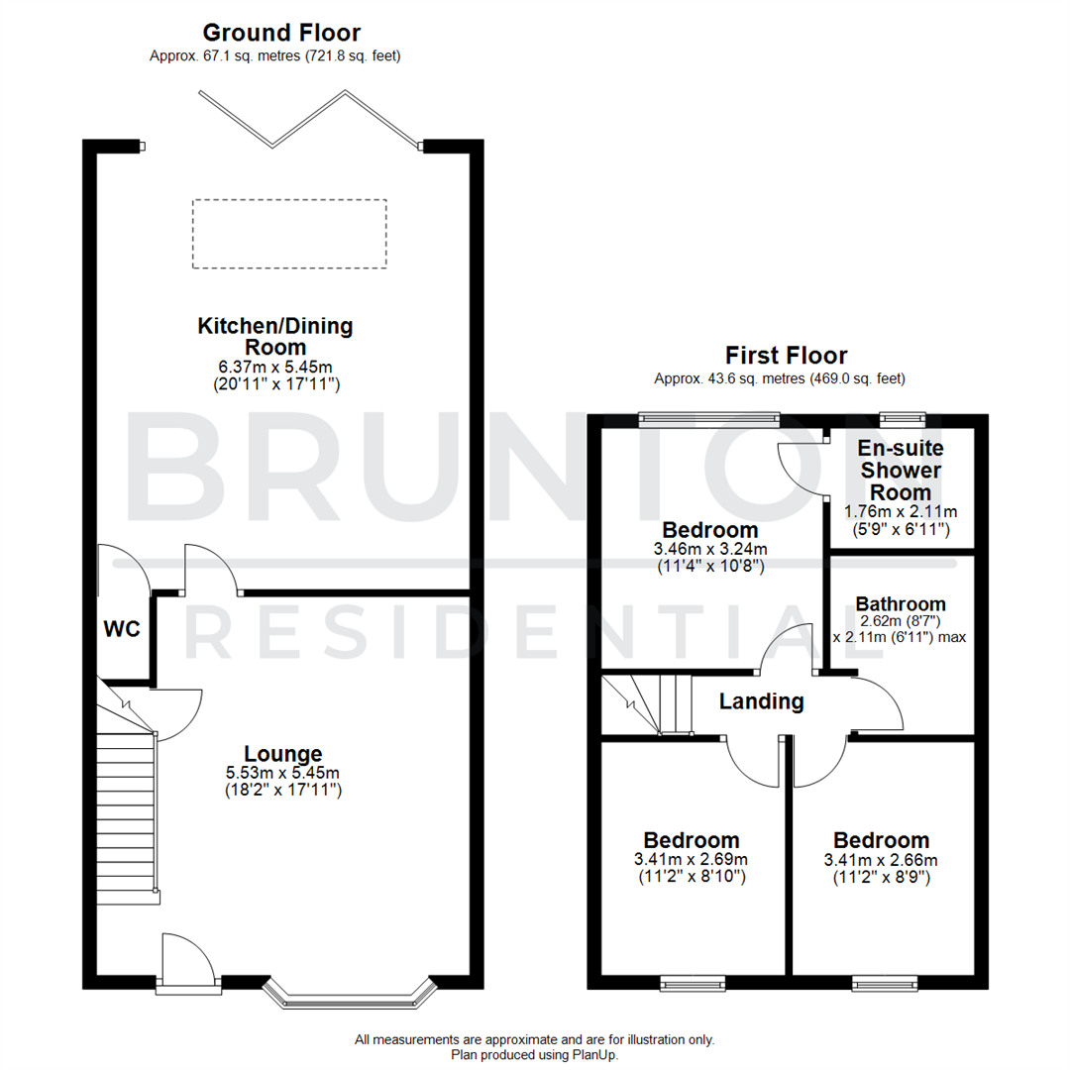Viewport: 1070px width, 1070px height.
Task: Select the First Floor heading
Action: [786, 356]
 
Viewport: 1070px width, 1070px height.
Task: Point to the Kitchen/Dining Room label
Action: [275, 336]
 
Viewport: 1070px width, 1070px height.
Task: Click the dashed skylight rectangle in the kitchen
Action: [289, 234]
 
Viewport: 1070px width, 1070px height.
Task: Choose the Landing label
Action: [761, 701]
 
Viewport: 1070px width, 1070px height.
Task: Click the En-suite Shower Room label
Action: [901, 470]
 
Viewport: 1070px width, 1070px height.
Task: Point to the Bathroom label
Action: [901, 603]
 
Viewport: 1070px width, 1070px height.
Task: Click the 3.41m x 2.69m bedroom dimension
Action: [692, 859]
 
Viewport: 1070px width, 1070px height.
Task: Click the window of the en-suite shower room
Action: [903, 418]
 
